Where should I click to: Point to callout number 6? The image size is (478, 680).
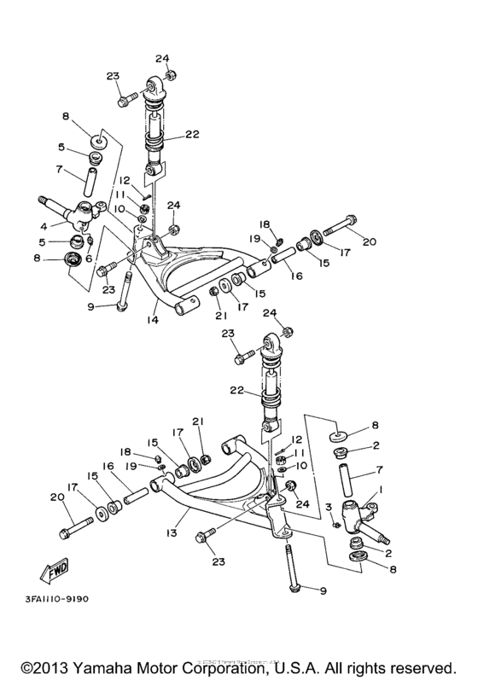click(x=90, y=259)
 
